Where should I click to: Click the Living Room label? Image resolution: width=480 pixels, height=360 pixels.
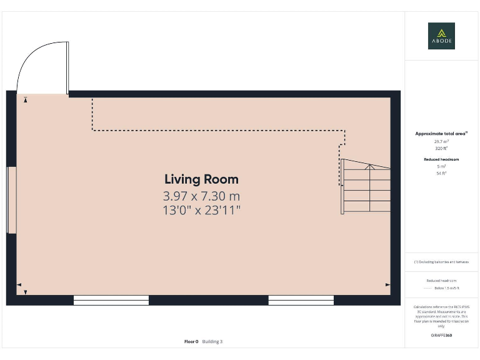[x=201, y=179]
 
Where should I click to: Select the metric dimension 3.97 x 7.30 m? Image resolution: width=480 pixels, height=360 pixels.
[x=201, y=196]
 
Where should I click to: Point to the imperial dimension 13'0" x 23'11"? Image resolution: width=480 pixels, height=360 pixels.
[x=201, y=210]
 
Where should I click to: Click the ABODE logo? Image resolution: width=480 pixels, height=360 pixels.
[x=441, y=36]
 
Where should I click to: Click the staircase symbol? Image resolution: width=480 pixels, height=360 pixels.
[x=366, y=187]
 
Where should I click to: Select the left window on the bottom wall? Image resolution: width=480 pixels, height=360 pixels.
[x=111, y=300]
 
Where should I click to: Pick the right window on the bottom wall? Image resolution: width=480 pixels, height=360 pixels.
[x=301, y=300]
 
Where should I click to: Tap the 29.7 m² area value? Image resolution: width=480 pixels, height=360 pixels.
[x=441, y=142]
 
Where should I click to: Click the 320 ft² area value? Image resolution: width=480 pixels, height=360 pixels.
[x=441, y=149]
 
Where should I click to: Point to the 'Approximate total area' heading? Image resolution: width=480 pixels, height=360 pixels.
[x=441, y=134]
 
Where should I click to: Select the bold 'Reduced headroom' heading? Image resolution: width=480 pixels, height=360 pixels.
[x=441, y=159]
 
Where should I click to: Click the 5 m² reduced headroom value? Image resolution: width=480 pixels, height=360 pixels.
[x=441, y=166]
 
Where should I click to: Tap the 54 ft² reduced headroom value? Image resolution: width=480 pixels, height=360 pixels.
[x=441, y=173]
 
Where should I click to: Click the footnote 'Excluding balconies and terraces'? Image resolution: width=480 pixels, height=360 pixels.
[x=441, y=262]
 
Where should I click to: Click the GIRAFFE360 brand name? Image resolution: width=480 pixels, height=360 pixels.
[x=441, y=336]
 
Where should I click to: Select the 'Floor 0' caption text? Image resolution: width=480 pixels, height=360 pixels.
[x=191, y=341]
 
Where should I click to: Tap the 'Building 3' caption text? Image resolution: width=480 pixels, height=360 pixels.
[x=212, y=341]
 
